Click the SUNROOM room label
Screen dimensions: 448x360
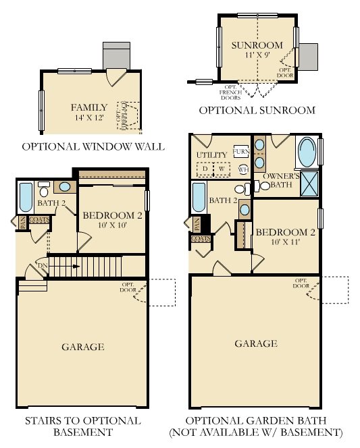[x=256, y=45]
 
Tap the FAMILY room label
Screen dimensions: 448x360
[x=89, y=107]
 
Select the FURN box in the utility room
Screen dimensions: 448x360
[x=240, y=151]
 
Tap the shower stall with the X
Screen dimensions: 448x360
[x=311, y=183]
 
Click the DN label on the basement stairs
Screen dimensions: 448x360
[x=43, y=266]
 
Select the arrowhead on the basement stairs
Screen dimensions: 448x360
[x=78, y=267]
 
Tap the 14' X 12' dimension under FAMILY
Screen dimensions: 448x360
[x=89, y=118]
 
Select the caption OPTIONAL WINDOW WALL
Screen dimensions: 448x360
[x=93, y=146]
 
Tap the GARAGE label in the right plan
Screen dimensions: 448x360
[x=256, y=343]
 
